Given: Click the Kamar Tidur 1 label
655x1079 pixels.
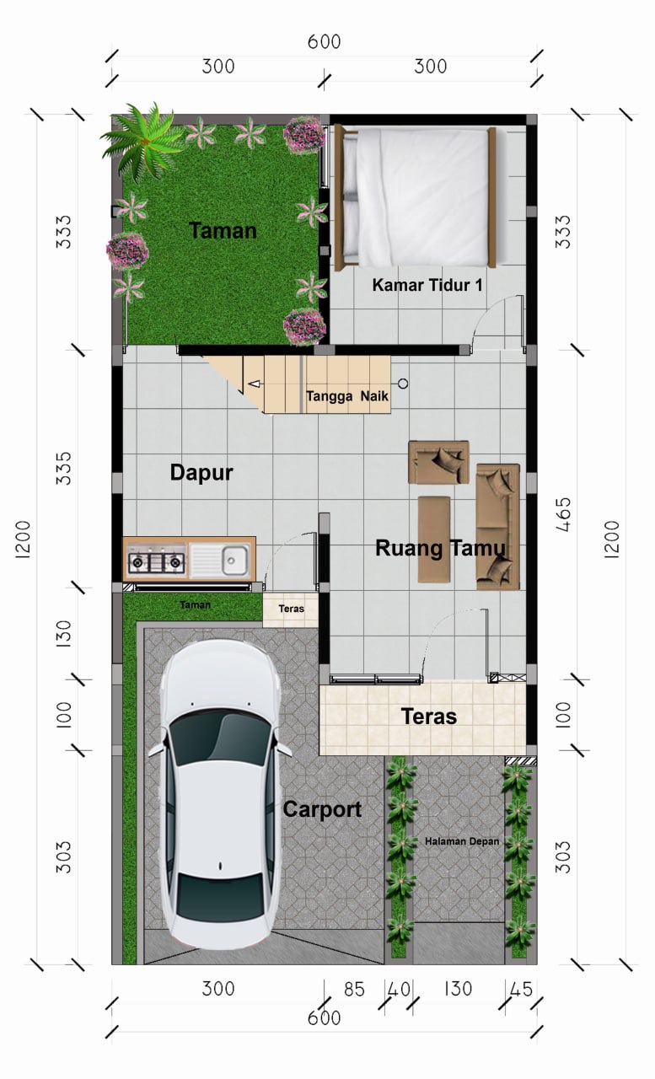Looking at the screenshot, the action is pos(427,285).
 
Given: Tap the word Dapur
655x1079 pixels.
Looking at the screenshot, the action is pos(201,473).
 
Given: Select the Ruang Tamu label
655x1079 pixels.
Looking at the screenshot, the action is pos(440,548).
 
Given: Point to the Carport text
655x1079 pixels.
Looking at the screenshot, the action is pos(322,810).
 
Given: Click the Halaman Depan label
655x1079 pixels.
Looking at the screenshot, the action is pos(462,841).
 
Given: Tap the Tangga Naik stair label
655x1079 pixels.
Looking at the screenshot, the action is pos(347,396).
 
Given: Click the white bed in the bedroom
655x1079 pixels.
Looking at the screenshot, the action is pos(416,196).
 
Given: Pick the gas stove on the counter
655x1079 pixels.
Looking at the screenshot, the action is pos(157,561).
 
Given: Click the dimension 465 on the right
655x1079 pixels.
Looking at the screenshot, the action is pos(563,514).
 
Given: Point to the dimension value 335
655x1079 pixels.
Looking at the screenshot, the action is pos(63,468).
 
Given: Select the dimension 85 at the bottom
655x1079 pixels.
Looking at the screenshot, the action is pos(354,990).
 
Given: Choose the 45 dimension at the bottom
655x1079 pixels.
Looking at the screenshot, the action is pos(521,990).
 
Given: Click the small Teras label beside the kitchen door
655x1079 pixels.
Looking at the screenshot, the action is pos(291,609).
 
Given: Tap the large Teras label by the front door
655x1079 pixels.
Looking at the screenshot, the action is pos(428,717).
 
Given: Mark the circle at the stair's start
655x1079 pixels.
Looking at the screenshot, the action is pos(403,384).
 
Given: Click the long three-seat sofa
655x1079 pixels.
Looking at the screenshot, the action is pos(498,527).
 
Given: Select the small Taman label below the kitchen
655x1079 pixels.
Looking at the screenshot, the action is pos(195,604).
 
